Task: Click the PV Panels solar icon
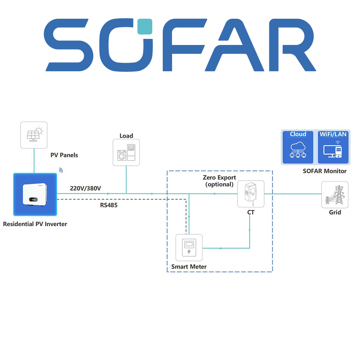(x=34, y=135)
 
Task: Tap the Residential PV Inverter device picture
(x=35, y=195)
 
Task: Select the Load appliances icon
(x=126, y=152)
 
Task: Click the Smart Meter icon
(x=189, y=248)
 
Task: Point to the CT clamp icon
(x=251, y=194)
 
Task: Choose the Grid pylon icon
(x=335, y=195)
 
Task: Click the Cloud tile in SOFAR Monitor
(x=298, y=147)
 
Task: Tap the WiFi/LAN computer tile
(x=333, y=147)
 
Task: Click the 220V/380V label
(x=85, y=188)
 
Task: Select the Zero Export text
(x=219, y=177)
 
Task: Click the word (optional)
(x=219, y=184)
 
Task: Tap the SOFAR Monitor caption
(x=325, y=171)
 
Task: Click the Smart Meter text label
(x=189, y=267)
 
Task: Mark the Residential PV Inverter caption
(x=35, y=224)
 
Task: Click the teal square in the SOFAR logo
(x=145, y=26)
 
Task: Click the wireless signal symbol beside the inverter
(x=61, y=170)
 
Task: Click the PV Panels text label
(x=64, y=155)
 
